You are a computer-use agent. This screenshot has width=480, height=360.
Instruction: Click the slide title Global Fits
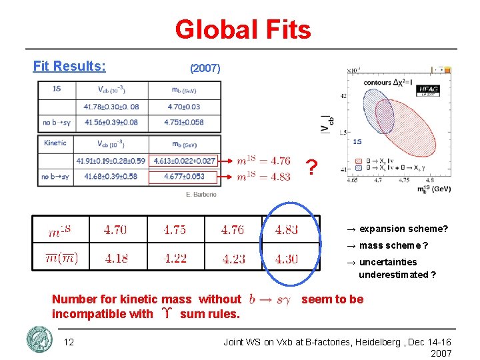coord(243,29)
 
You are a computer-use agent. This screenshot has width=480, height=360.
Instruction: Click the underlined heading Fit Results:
coord(69,66)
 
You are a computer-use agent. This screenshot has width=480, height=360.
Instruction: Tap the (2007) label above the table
coord(205,69)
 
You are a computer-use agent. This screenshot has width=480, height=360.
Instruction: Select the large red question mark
coord(311,169)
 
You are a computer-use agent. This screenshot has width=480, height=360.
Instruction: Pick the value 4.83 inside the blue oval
coord(287,230)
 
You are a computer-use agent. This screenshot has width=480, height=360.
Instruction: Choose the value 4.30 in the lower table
coord(287,259)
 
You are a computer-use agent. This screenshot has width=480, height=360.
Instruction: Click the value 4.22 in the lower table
coord(175,259)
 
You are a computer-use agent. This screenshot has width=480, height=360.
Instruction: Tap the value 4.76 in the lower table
coord(233,230)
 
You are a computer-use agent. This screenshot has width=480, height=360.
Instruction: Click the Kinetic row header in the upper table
coord(55,143)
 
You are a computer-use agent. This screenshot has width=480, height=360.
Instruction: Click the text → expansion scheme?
coord(397,229)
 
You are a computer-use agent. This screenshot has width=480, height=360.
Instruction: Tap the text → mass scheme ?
coord(387,245)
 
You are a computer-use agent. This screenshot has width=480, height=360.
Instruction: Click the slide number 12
coord(69,342)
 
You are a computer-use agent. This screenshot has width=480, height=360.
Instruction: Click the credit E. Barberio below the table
coord(202,195)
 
